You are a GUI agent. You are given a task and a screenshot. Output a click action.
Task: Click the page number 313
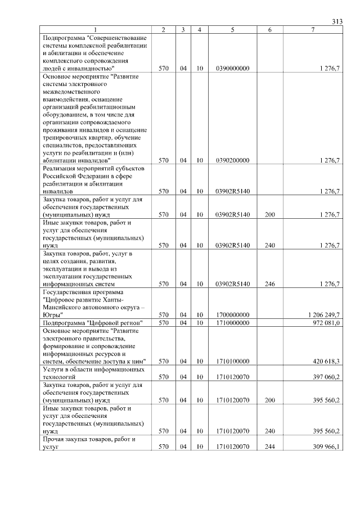pyautogui.click(x=337, y=21)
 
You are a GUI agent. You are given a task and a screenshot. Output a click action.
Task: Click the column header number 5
pyautogui.click(x=232, y=29)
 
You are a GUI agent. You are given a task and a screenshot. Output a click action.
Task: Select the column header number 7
pyautogui.click(x=313, y=29)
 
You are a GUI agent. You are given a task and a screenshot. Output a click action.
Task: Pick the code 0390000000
pyautogui.click(x=232, y=68)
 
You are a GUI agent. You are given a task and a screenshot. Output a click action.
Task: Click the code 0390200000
pyautogui.click(x=232, y=160)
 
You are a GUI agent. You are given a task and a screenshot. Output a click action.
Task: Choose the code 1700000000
pyautogui.click(x=232, y=315)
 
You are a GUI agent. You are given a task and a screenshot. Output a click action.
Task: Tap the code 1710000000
pyautogui.click(x=232, y=323)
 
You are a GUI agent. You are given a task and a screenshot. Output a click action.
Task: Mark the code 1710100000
pyautogui.click(x=232, y=361)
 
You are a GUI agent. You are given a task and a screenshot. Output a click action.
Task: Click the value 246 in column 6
pyautogui.click(x=270, y=284)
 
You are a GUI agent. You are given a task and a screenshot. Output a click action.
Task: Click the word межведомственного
pyautogui.click(x=71, y=91)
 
